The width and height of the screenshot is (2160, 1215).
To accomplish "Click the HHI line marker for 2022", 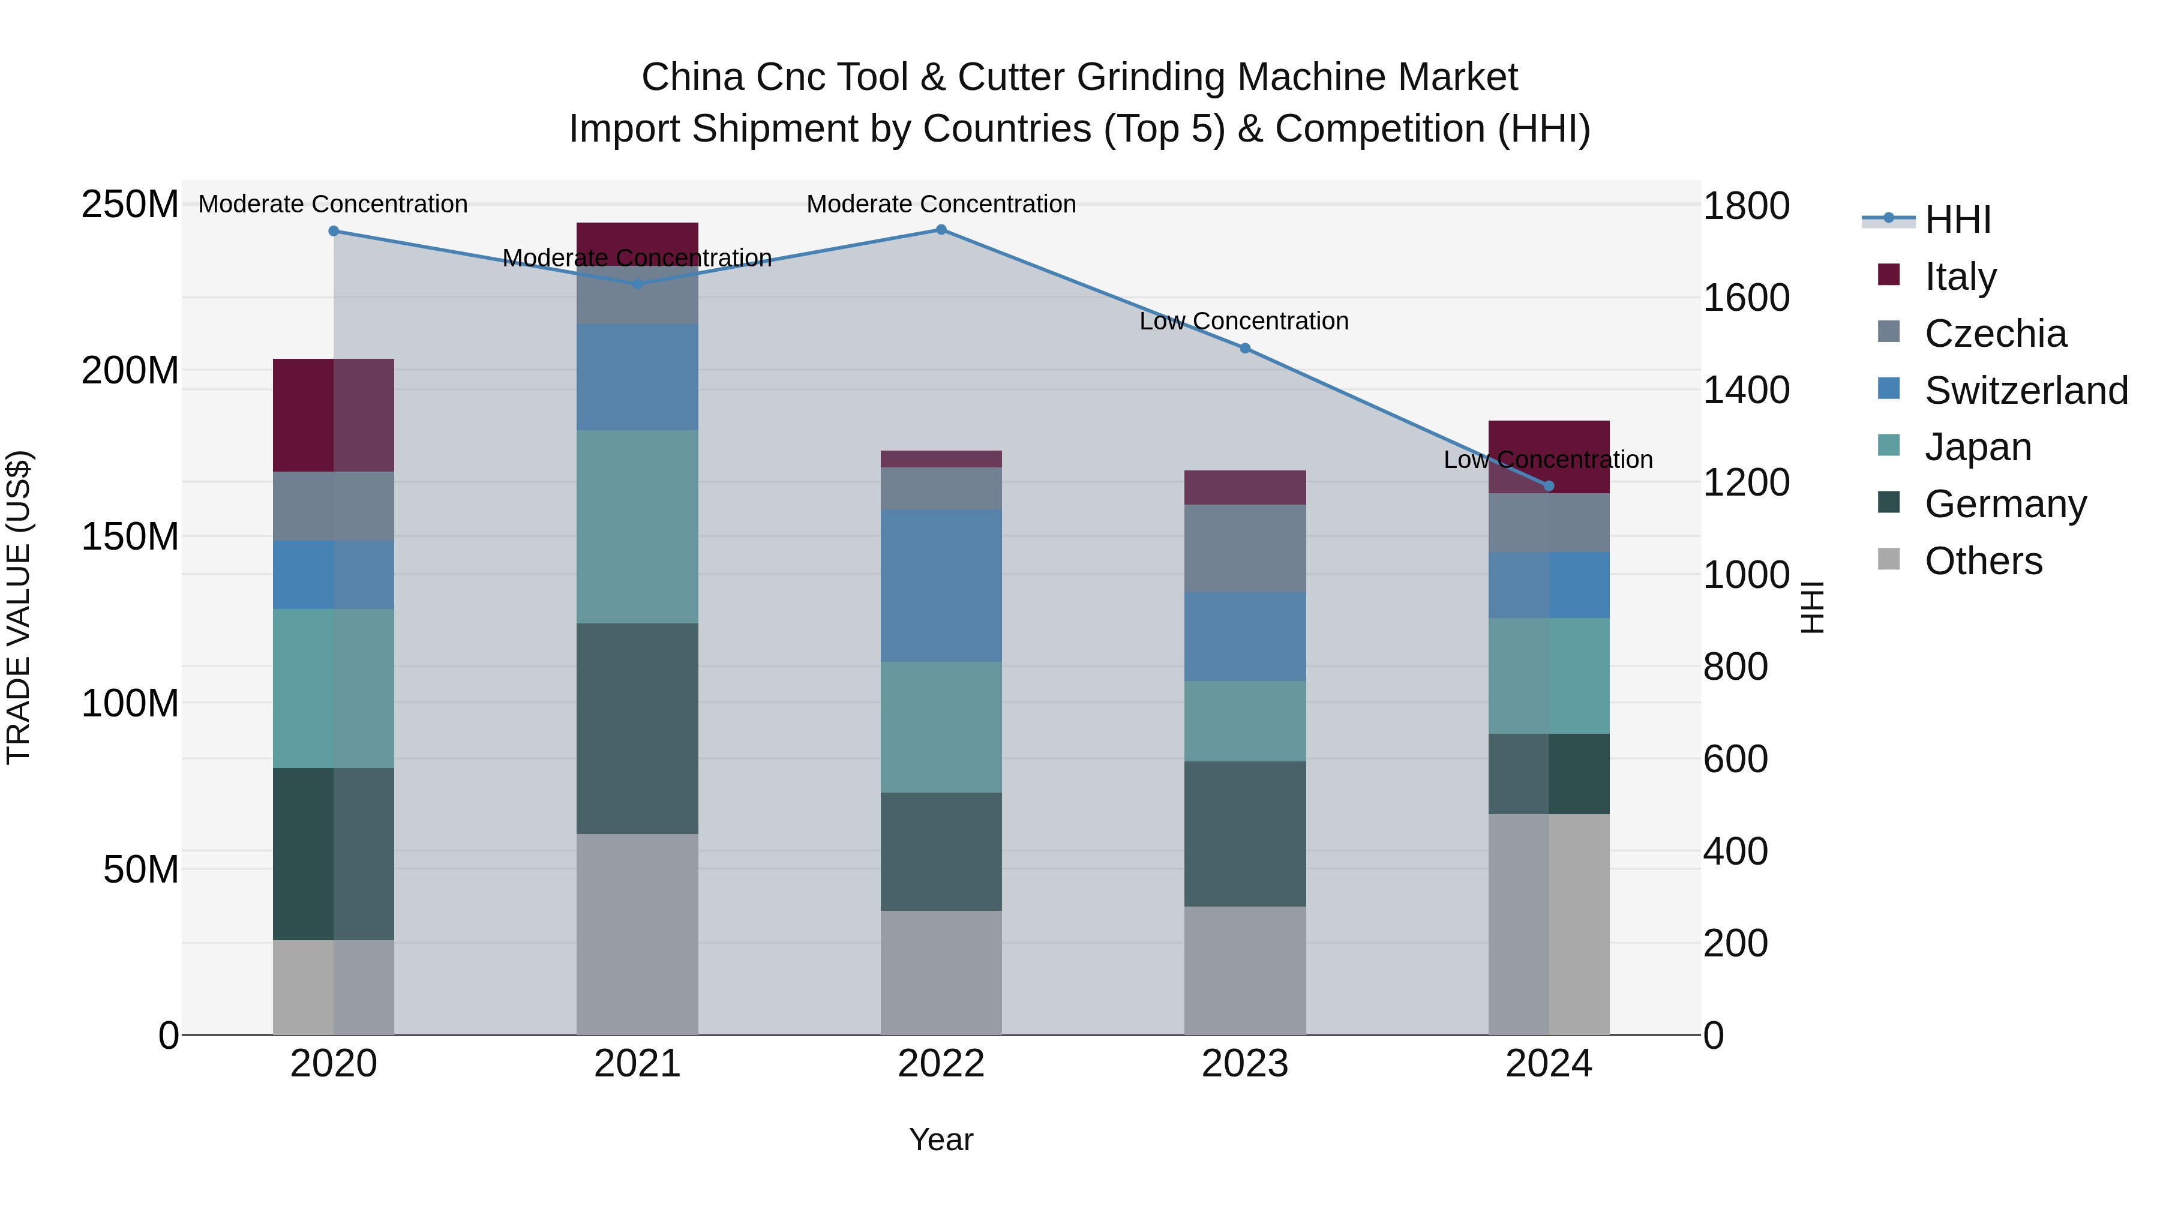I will click(941, 230).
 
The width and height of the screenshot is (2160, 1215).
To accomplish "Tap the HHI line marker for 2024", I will click(1549, 485).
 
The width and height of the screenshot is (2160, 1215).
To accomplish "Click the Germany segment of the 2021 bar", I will click(637, 728).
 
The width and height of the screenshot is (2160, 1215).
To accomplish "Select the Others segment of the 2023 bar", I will click(1245, 970).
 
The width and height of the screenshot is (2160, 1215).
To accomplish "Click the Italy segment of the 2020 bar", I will click(334, 415).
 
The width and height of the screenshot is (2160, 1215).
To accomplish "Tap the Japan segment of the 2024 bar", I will click(1549, 676).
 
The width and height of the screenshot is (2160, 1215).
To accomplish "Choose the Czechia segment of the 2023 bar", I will click(1245, 548).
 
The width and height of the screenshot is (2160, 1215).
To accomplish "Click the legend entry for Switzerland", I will click(2026, 391).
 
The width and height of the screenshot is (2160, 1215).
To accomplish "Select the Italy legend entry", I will click(1960, 277).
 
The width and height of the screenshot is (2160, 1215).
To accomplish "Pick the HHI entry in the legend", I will click(1957, 220).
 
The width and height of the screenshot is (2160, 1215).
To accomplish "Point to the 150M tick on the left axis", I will click(130, 536).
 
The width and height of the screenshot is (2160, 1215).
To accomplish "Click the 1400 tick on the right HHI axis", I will click(1746, 390).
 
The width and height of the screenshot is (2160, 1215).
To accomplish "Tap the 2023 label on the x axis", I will click(1245, 1064).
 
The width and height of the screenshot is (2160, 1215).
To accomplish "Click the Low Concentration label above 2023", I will click(1244, 321).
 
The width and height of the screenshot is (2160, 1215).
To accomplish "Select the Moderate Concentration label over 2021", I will click(637, 258).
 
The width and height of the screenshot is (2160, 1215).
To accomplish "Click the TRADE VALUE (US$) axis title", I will click(19, 607).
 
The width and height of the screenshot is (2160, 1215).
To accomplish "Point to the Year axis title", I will click(941, 1139).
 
